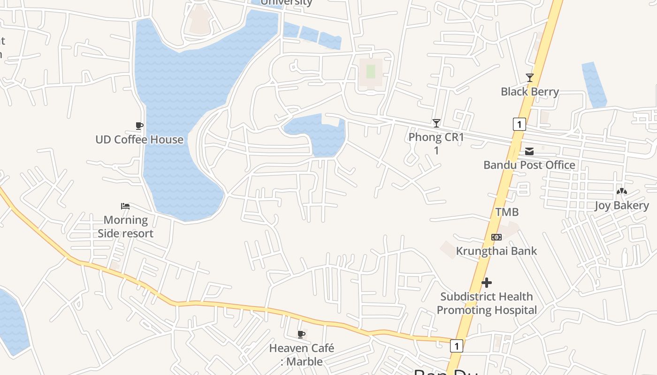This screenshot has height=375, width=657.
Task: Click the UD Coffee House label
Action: coord(139,140)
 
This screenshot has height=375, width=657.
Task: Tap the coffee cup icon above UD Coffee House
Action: coord(139,126)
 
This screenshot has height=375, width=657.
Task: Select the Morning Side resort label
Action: coord(125,226)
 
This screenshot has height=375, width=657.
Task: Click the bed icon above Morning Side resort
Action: coord(125,206)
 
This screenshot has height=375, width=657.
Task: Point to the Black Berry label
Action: coord(530,92)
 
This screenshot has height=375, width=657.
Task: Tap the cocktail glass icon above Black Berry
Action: coord(530,78)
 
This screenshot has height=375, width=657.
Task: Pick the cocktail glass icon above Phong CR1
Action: coord(436,123)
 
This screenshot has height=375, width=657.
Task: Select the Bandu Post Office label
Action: coord(529,165)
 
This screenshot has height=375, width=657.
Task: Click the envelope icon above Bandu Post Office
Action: coord(529,151)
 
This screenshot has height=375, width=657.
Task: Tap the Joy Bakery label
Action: coord(622,205)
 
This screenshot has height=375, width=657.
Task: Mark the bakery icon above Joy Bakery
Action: coord(622,191)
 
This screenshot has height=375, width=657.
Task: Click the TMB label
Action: coord(507,212)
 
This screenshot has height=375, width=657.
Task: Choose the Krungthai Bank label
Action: coord(497,251)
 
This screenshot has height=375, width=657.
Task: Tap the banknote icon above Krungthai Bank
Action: coord(497,237)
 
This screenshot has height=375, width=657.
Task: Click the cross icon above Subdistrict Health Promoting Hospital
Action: coord(487,283)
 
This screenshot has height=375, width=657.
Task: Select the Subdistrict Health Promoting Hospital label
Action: coord(487,303)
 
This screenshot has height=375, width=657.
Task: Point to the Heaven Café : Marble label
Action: coord(302,355)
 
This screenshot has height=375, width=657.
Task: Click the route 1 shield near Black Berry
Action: coord(519,124)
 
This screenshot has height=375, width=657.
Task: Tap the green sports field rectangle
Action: coord(371,72)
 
